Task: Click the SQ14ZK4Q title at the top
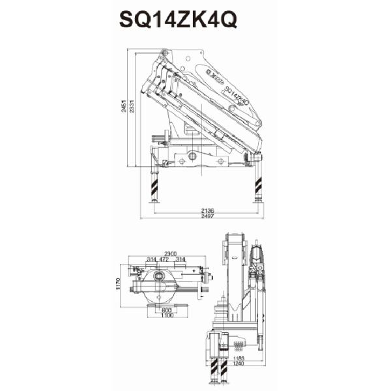coord(178,19)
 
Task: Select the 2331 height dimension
coord(132,111)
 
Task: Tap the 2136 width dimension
coord(208,210)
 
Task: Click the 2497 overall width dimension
coord(208,216)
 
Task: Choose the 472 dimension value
coord(165,259)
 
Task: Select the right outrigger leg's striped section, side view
coord(258,188)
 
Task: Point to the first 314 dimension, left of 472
coord(151,259)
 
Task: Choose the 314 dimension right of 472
coord(181,259)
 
